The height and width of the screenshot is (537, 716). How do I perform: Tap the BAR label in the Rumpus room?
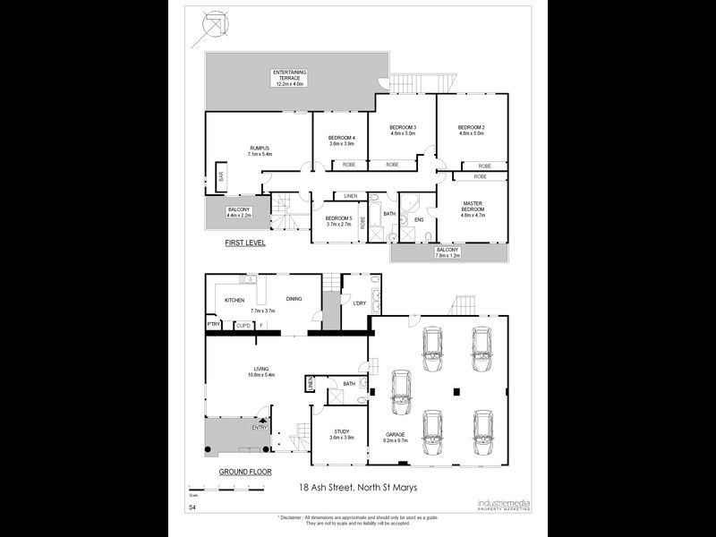tap(222, 176)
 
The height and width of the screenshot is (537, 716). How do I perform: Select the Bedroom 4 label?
tap(342, 137)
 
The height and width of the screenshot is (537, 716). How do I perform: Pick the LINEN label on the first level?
tap(350, 196)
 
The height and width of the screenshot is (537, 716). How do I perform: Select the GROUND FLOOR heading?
tap(244, 471)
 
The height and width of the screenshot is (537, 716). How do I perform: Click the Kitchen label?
tap(234, 300)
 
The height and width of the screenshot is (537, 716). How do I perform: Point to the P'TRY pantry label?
tap(214, 324)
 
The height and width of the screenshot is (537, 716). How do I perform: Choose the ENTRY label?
tap(260, 427)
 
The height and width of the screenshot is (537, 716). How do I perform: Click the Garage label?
tap(396, 434)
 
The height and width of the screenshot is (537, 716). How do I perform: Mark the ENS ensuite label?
tap(418, 218)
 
